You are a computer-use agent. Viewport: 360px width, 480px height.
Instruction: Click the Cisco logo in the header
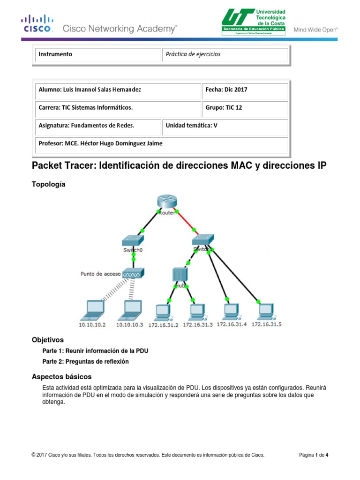pos(37,23)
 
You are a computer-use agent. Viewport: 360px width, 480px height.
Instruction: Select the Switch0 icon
pos(133,241)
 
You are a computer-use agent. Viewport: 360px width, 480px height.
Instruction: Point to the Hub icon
pos(180,275)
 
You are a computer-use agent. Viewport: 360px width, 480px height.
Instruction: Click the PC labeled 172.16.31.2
pos(163,310)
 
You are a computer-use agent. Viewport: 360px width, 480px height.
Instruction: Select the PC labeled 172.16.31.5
pos(266,310)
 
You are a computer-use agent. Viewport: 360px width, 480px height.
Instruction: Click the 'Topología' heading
pos(49,184)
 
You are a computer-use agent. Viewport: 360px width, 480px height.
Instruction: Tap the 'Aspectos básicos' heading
pos(61,376)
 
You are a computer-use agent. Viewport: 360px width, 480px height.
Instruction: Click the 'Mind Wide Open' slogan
pos(315,30)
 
